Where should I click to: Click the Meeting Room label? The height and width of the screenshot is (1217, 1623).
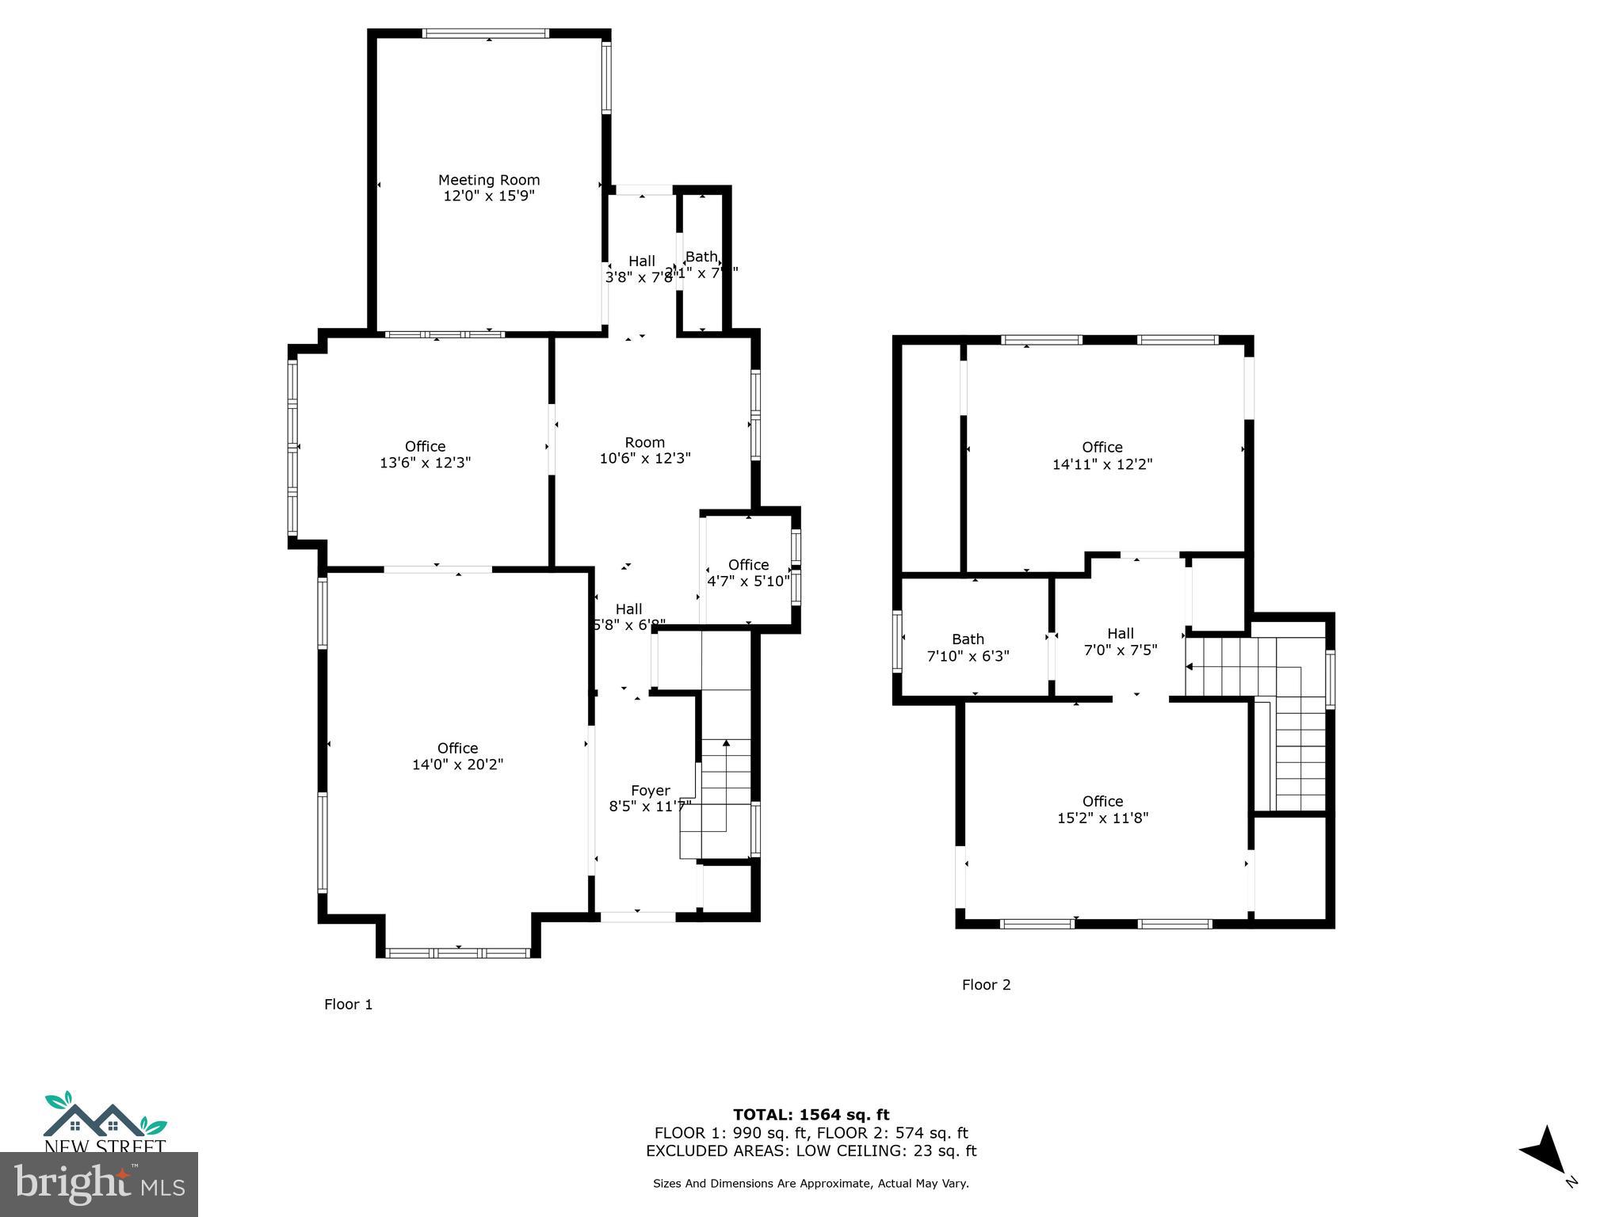pos(488,180)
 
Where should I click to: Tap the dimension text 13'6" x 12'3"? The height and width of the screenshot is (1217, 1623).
pos(425,463)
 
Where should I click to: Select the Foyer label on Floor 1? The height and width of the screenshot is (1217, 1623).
pos(650,790)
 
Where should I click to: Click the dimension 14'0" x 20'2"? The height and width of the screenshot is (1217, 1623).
pos(457,765)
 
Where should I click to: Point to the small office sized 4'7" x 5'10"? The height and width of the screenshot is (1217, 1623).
pos(748,572)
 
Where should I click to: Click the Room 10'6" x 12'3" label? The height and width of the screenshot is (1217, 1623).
pos(644,450)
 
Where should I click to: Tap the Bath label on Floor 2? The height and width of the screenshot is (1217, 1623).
pos(968,639)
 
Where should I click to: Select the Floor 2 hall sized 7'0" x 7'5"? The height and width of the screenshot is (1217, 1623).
pos(1120,641)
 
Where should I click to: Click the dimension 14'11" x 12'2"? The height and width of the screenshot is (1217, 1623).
pos(1102,464)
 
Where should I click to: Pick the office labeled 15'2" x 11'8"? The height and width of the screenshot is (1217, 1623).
pos(1102,810)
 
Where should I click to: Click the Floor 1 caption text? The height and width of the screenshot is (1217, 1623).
pos(348,1004)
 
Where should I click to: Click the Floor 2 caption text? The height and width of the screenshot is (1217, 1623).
pos(986,985)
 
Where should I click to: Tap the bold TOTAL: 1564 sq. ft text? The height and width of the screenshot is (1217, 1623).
pos(811,1115)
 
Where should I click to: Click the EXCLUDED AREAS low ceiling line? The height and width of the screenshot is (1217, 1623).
pos(811,1150)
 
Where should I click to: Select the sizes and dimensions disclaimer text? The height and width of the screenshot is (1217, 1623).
pos(811,1183)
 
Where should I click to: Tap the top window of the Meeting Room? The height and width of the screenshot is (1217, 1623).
pos(485,33)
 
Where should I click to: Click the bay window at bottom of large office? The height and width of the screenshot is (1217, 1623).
pos(458,952)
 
